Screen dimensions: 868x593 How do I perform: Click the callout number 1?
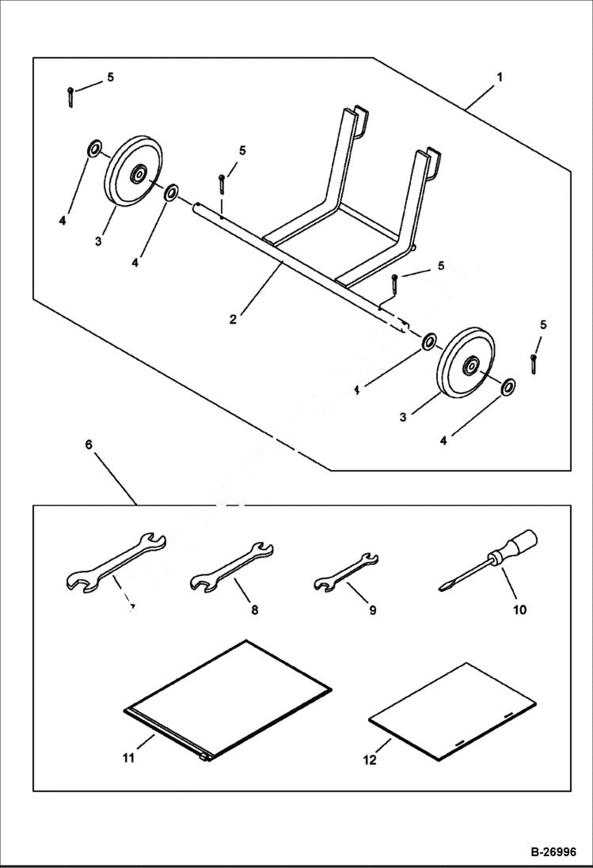(x=500, y=78)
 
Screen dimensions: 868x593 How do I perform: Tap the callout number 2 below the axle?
(x=233, y=320)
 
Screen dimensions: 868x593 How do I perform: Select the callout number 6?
(x=89, y=445)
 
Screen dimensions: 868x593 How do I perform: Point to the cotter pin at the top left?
(x=70, y=97)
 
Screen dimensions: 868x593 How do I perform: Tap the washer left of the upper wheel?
(x=94, y=148)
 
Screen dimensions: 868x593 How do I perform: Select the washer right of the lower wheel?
(x=507, y=386)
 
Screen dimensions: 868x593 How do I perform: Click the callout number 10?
(x=519, y=611)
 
